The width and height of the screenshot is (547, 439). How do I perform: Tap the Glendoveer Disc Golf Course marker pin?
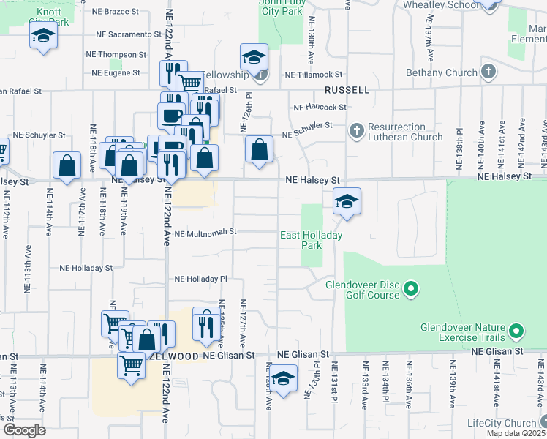[x=411, y=290]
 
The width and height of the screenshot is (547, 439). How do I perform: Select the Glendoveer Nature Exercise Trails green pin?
[x=516, y=332]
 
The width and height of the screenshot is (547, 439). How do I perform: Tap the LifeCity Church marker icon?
[x=543, y=423]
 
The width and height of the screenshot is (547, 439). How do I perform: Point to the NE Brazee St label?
[x=115, y=12]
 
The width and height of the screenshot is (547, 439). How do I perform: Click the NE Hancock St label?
[x=320, y=107]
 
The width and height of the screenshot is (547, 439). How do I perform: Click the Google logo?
[x=23, y=430]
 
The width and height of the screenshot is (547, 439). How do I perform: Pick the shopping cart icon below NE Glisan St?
[x=131, y=364]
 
